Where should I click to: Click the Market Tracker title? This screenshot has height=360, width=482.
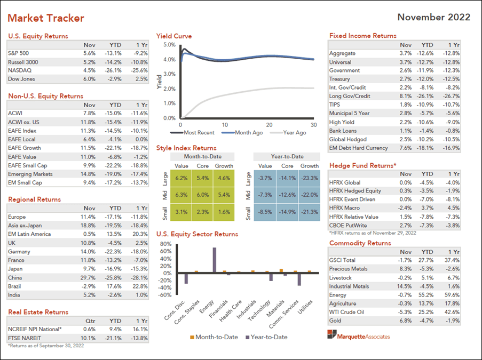(x=46, y=18)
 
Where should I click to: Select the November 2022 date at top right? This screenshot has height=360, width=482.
(x=433, y=17)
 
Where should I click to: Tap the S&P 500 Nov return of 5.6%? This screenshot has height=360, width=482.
(x=89, y=53)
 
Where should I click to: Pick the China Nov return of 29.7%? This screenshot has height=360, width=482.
(x=89, y=277)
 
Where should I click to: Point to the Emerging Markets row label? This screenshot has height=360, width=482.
(x=30, y=174)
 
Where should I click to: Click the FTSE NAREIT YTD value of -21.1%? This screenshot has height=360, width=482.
(x=115, y=338)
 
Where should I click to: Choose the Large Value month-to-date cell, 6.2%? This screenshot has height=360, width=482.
(x=182, y=178)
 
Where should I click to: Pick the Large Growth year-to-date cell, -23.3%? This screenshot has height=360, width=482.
(x=310, y=178)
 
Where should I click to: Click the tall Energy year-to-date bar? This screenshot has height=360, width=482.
(x=215, y=260)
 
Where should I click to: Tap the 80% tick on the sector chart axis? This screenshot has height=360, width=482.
(x=166, y=244)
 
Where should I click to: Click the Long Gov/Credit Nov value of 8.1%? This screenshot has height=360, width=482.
(x=405, y=97)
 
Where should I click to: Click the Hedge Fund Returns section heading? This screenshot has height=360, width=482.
(x=362, y=166)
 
